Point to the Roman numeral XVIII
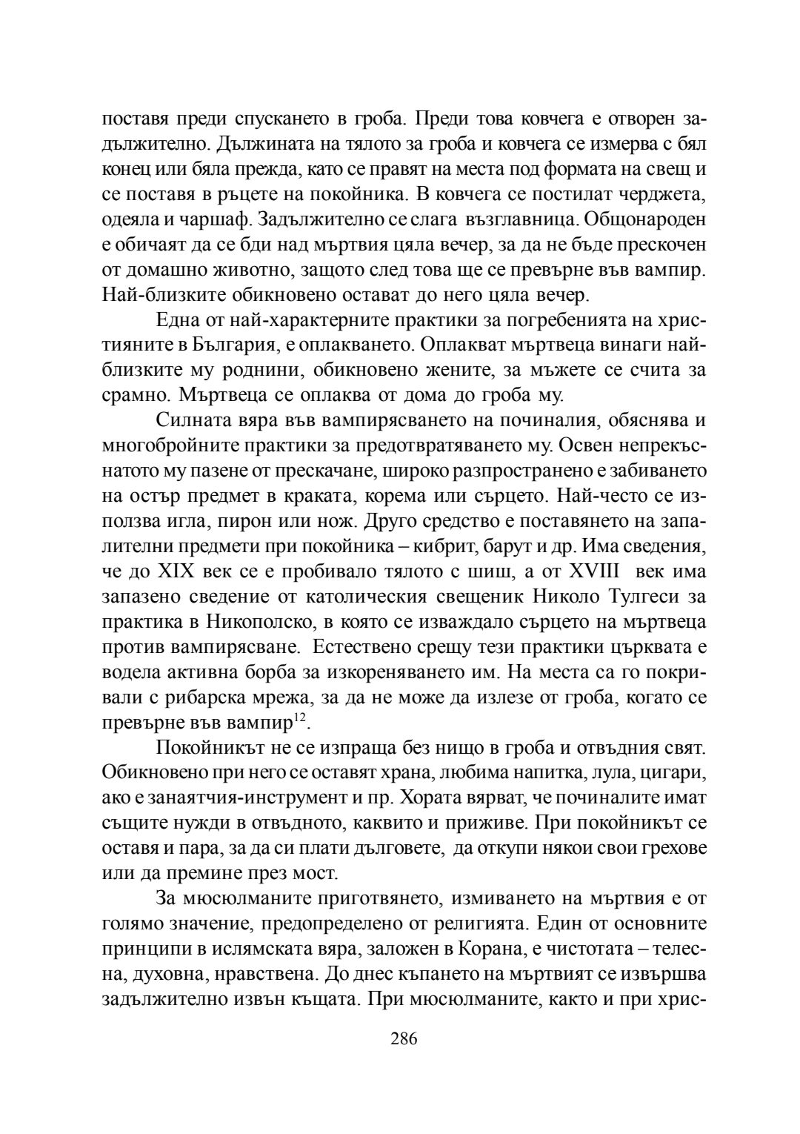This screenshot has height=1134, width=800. (603, 571)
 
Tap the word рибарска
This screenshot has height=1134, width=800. (188, 697)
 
